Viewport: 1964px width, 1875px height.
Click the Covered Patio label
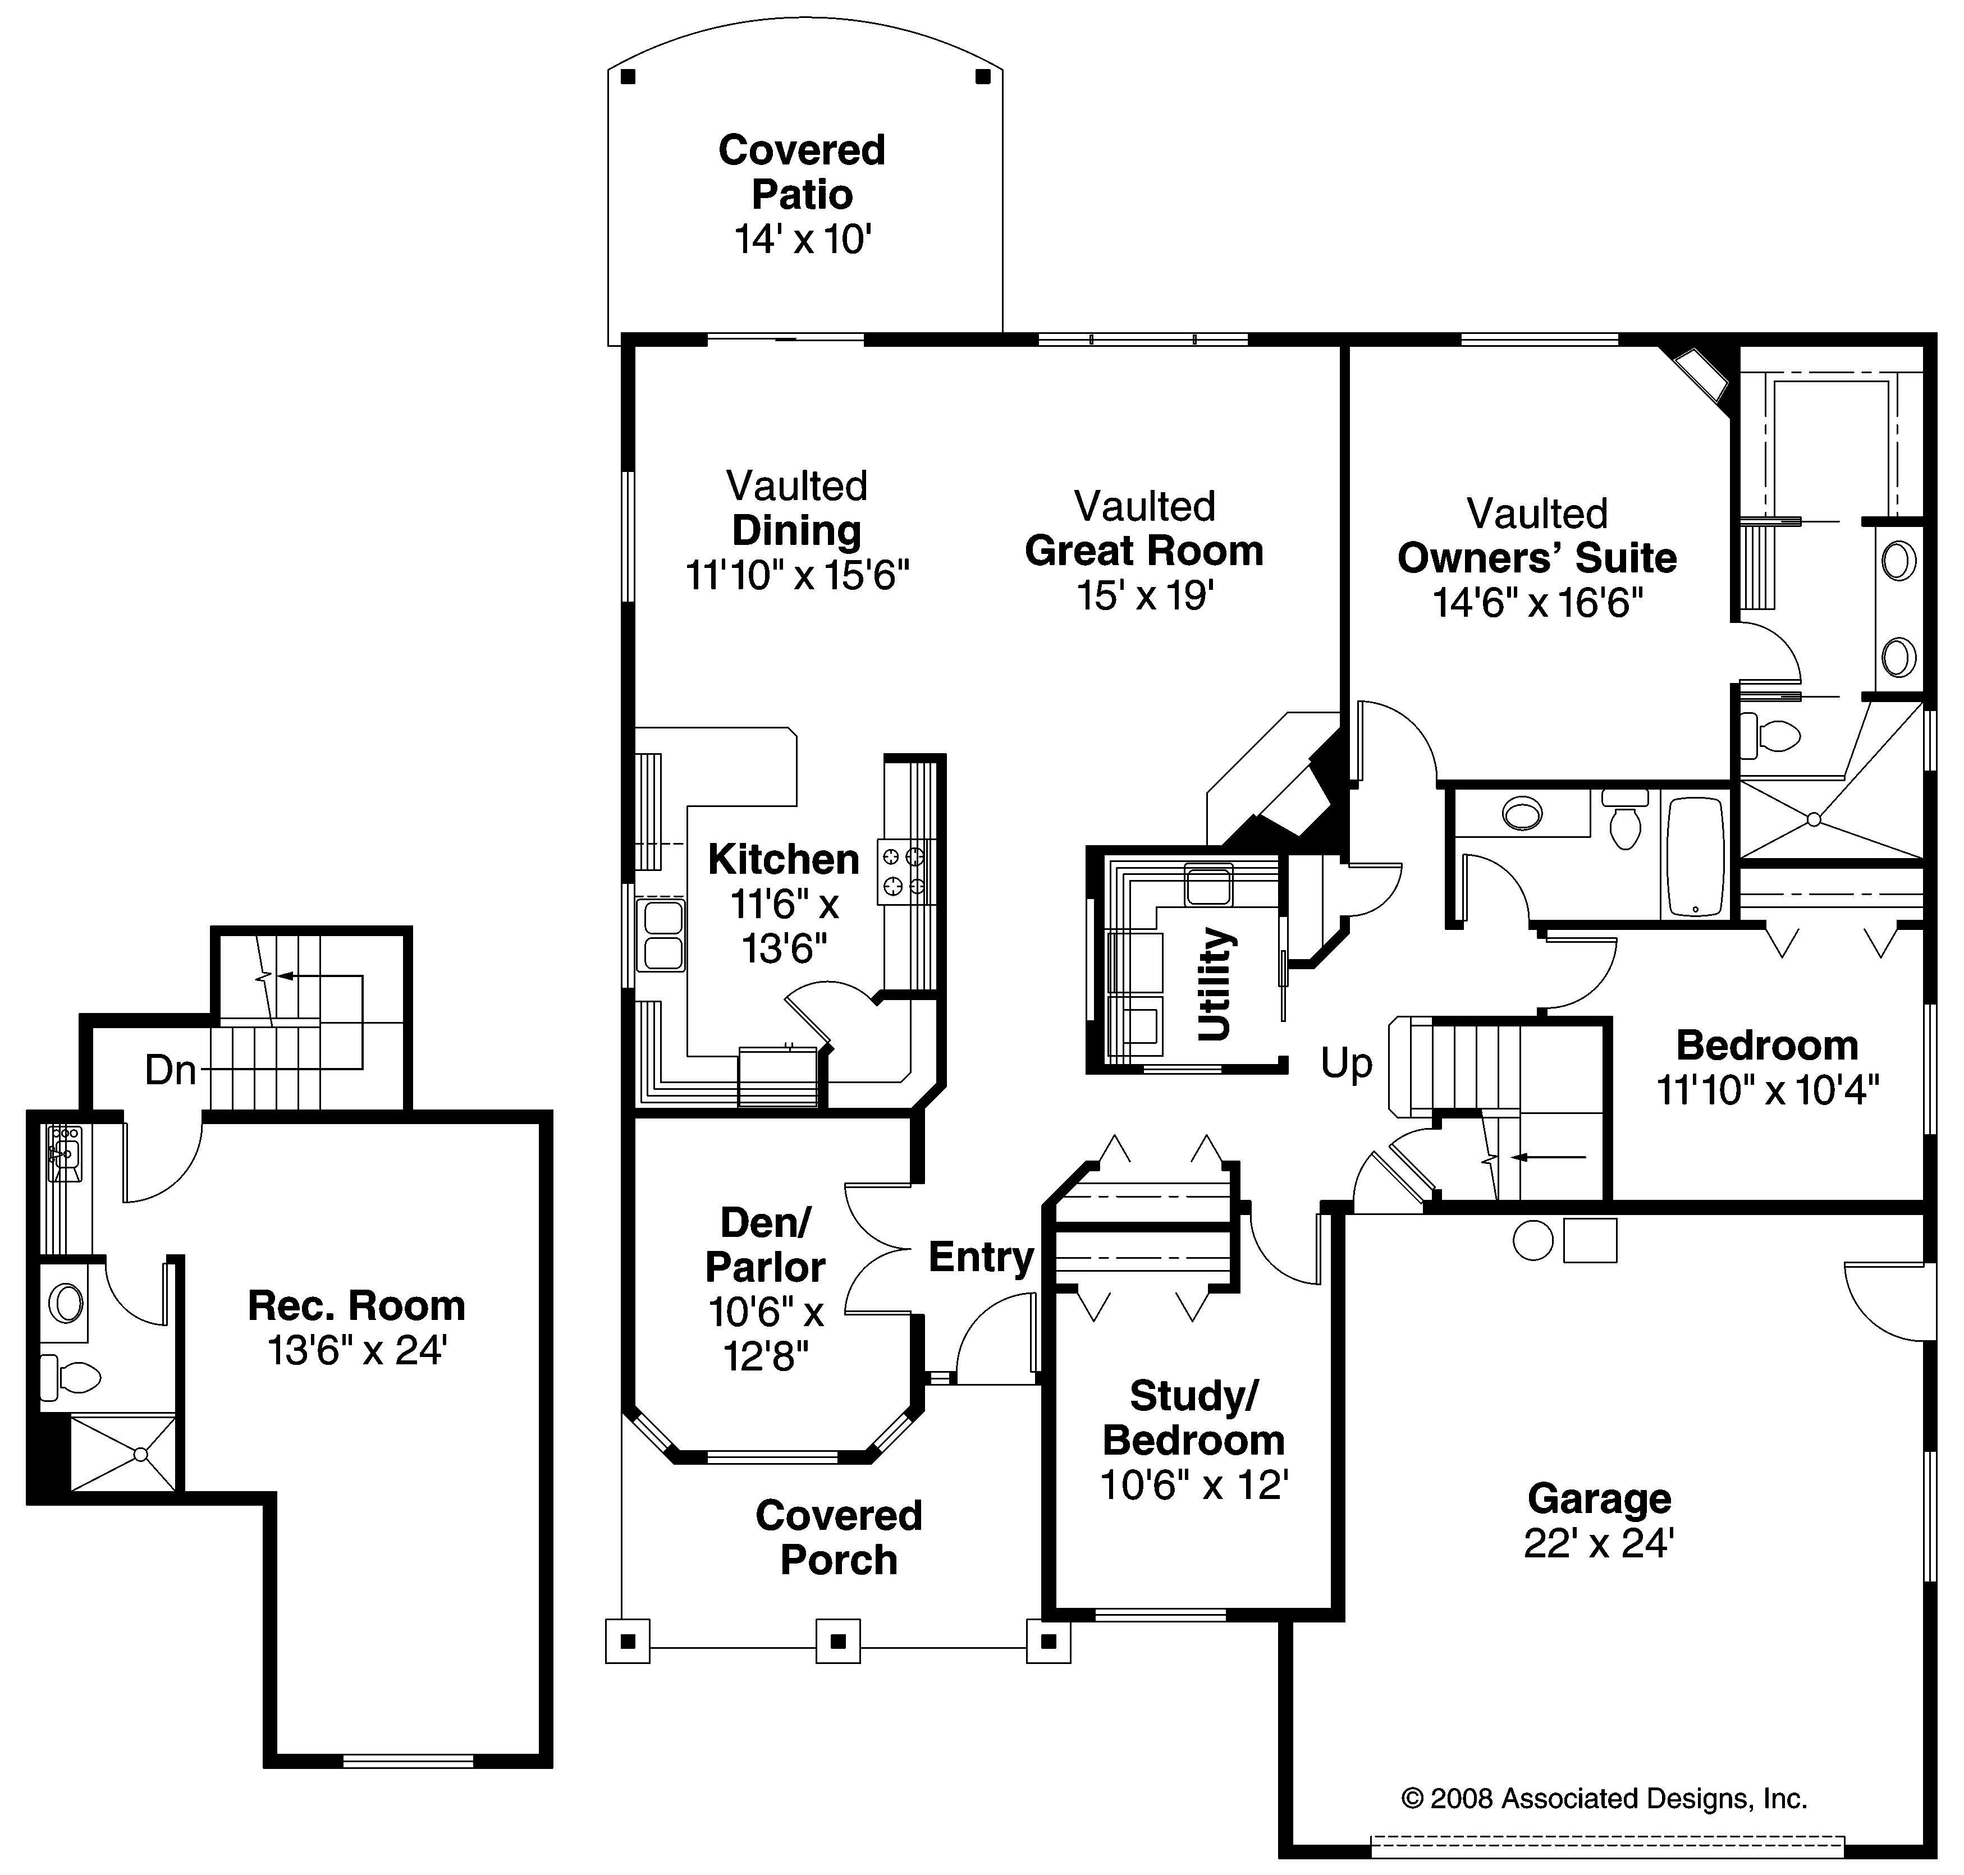click(802, 172)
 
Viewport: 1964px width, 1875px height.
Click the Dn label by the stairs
click(170, 1070)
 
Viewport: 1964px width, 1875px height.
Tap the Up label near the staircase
click(1347, 1062)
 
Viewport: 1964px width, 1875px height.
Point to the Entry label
click(981, 1257)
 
